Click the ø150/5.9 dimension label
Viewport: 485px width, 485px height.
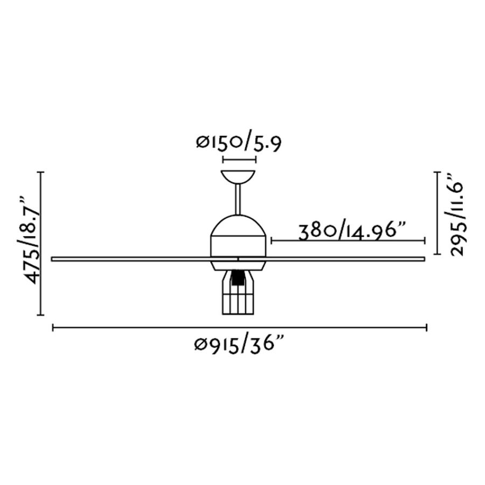point(239,143)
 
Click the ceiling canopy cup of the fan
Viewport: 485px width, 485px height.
point(238,176)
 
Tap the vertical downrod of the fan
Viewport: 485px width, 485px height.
point(238,199)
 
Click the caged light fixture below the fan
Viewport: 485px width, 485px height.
point(238,292)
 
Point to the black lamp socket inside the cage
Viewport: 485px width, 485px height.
point(238,278)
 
